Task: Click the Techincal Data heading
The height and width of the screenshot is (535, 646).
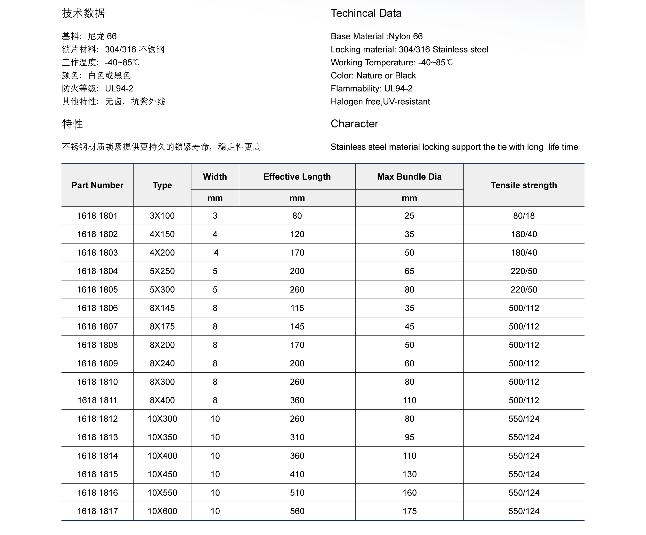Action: tap(366, 13)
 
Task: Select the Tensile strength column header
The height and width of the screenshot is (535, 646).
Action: tap(524, 185)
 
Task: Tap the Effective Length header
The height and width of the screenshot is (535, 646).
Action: tap(297, 177)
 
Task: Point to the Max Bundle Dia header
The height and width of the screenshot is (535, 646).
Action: tap(409, 177)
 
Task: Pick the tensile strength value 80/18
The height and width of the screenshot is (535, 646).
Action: tap(524, 216)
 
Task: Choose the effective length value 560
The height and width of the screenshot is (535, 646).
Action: tap(297, 511)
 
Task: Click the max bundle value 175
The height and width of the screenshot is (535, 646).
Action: tap(409, 511)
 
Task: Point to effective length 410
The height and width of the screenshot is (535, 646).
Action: tap(297, 474)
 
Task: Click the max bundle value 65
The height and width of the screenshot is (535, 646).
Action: tap(409, 271)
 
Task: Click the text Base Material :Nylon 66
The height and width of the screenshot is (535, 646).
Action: tap(377, 36)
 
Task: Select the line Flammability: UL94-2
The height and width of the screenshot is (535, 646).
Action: tap(371, 89)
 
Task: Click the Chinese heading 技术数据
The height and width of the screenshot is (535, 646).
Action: tap(83, 13)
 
